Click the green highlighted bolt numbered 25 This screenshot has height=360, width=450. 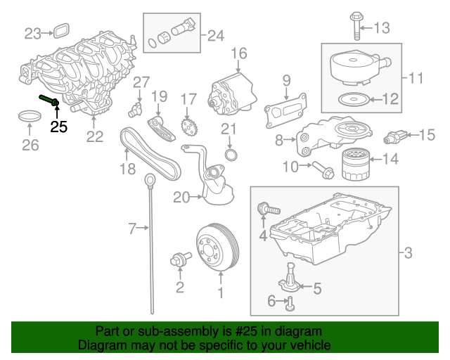(49, 100)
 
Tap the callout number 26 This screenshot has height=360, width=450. (30, 145)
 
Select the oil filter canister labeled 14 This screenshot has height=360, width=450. (355, 165)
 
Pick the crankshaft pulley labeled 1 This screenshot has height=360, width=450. (219, 247)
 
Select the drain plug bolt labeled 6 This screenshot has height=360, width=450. (290, 304)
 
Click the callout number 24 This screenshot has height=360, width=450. (216, 36)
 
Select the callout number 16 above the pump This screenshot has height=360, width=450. (239, 53)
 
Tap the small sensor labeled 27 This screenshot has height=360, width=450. (136, 109)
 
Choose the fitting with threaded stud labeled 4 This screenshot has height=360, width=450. (269, 209)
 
